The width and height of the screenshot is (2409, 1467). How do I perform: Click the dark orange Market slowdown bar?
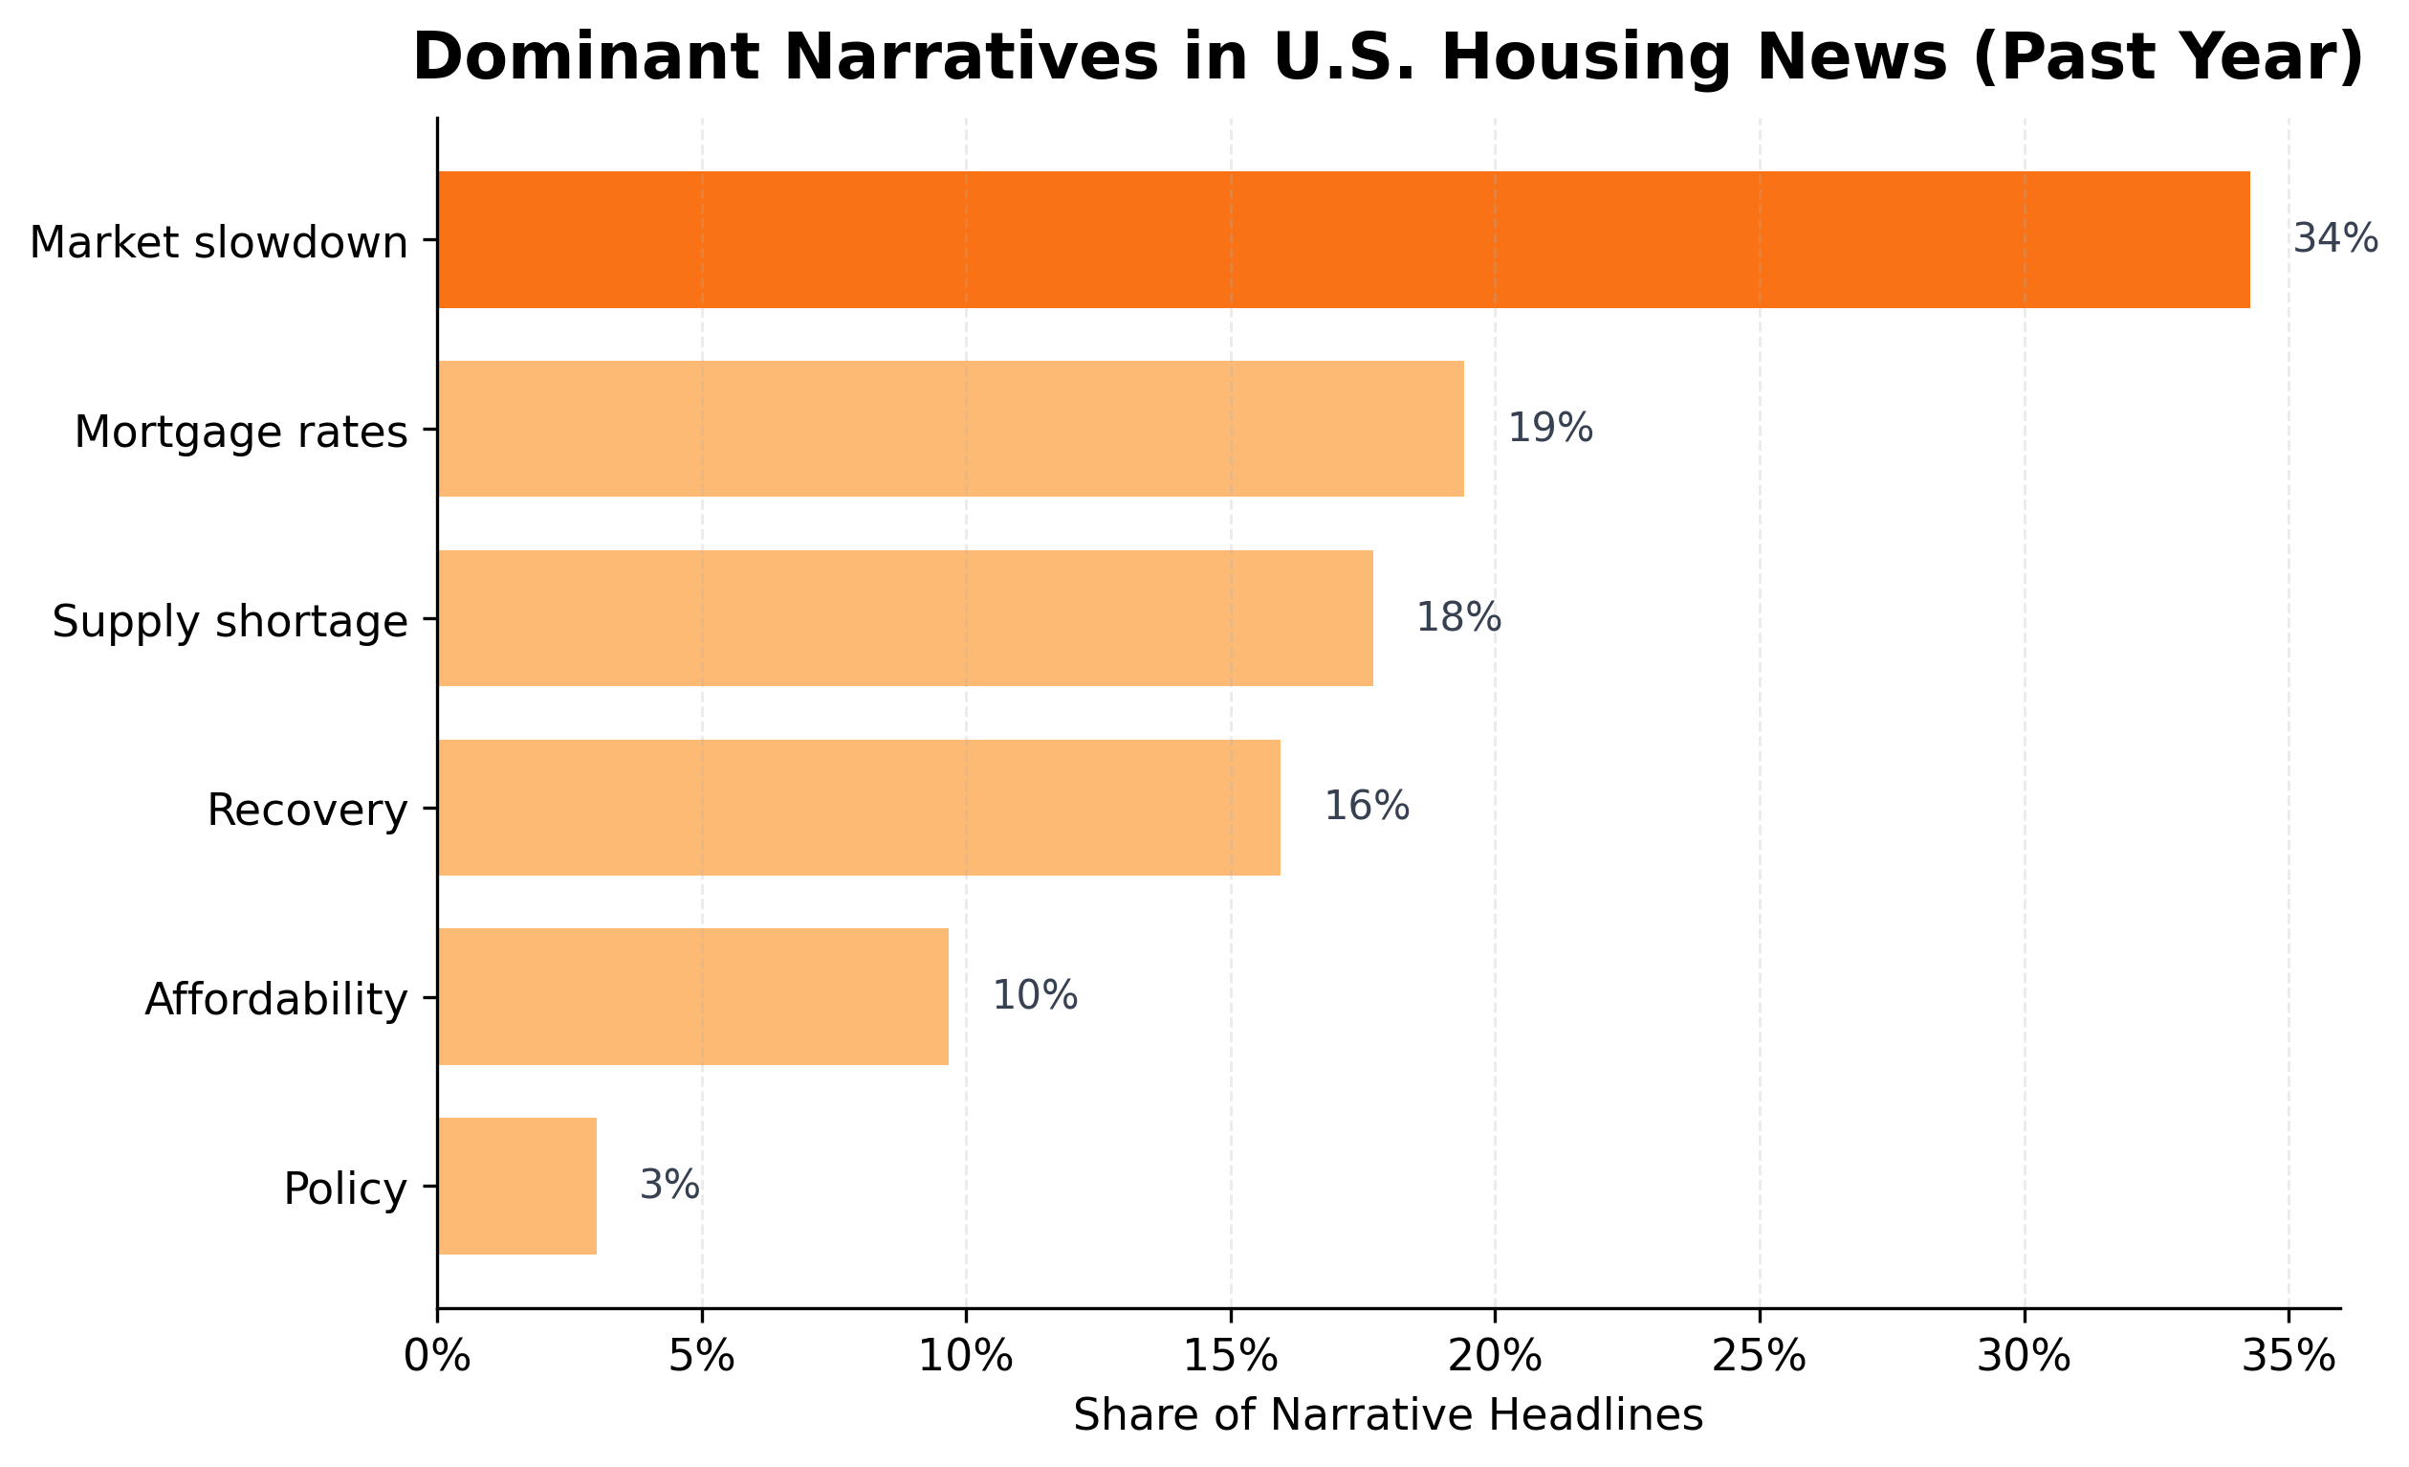click(1344, 239)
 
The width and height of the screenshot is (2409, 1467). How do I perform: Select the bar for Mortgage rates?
click(951, 429)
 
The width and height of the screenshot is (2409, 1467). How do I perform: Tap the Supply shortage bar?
click(905, 618)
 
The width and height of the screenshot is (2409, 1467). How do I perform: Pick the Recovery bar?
click(859, 807)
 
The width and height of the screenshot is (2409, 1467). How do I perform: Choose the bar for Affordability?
click(692, 996)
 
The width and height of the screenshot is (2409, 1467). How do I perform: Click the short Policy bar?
click(516, 1187)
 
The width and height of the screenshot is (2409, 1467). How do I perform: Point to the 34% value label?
click(2334, 239)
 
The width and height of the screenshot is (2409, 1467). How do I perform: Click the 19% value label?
click(1549, 429)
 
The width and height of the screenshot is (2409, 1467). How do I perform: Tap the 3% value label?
click(668, 1187)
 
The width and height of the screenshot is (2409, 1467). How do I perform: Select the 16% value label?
click(1366, 807)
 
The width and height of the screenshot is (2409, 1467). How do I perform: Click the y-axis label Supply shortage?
click(230, 622)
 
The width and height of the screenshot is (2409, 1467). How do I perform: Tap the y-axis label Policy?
click(344, 1190)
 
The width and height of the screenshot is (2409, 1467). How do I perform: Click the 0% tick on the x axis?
click(437, 1359)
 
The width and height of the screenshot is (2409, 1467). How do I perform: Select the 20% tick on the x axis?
click(1494, 1359)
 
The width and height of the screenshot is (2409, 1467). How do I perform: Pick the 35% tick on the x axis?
click(2288, 1359)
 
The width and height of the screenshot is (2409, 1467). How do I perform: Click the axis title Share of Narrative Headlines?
click(1388, 1415)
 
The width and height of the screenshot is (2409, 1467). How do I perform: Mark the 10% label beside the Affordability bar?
click(1035, 996)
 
